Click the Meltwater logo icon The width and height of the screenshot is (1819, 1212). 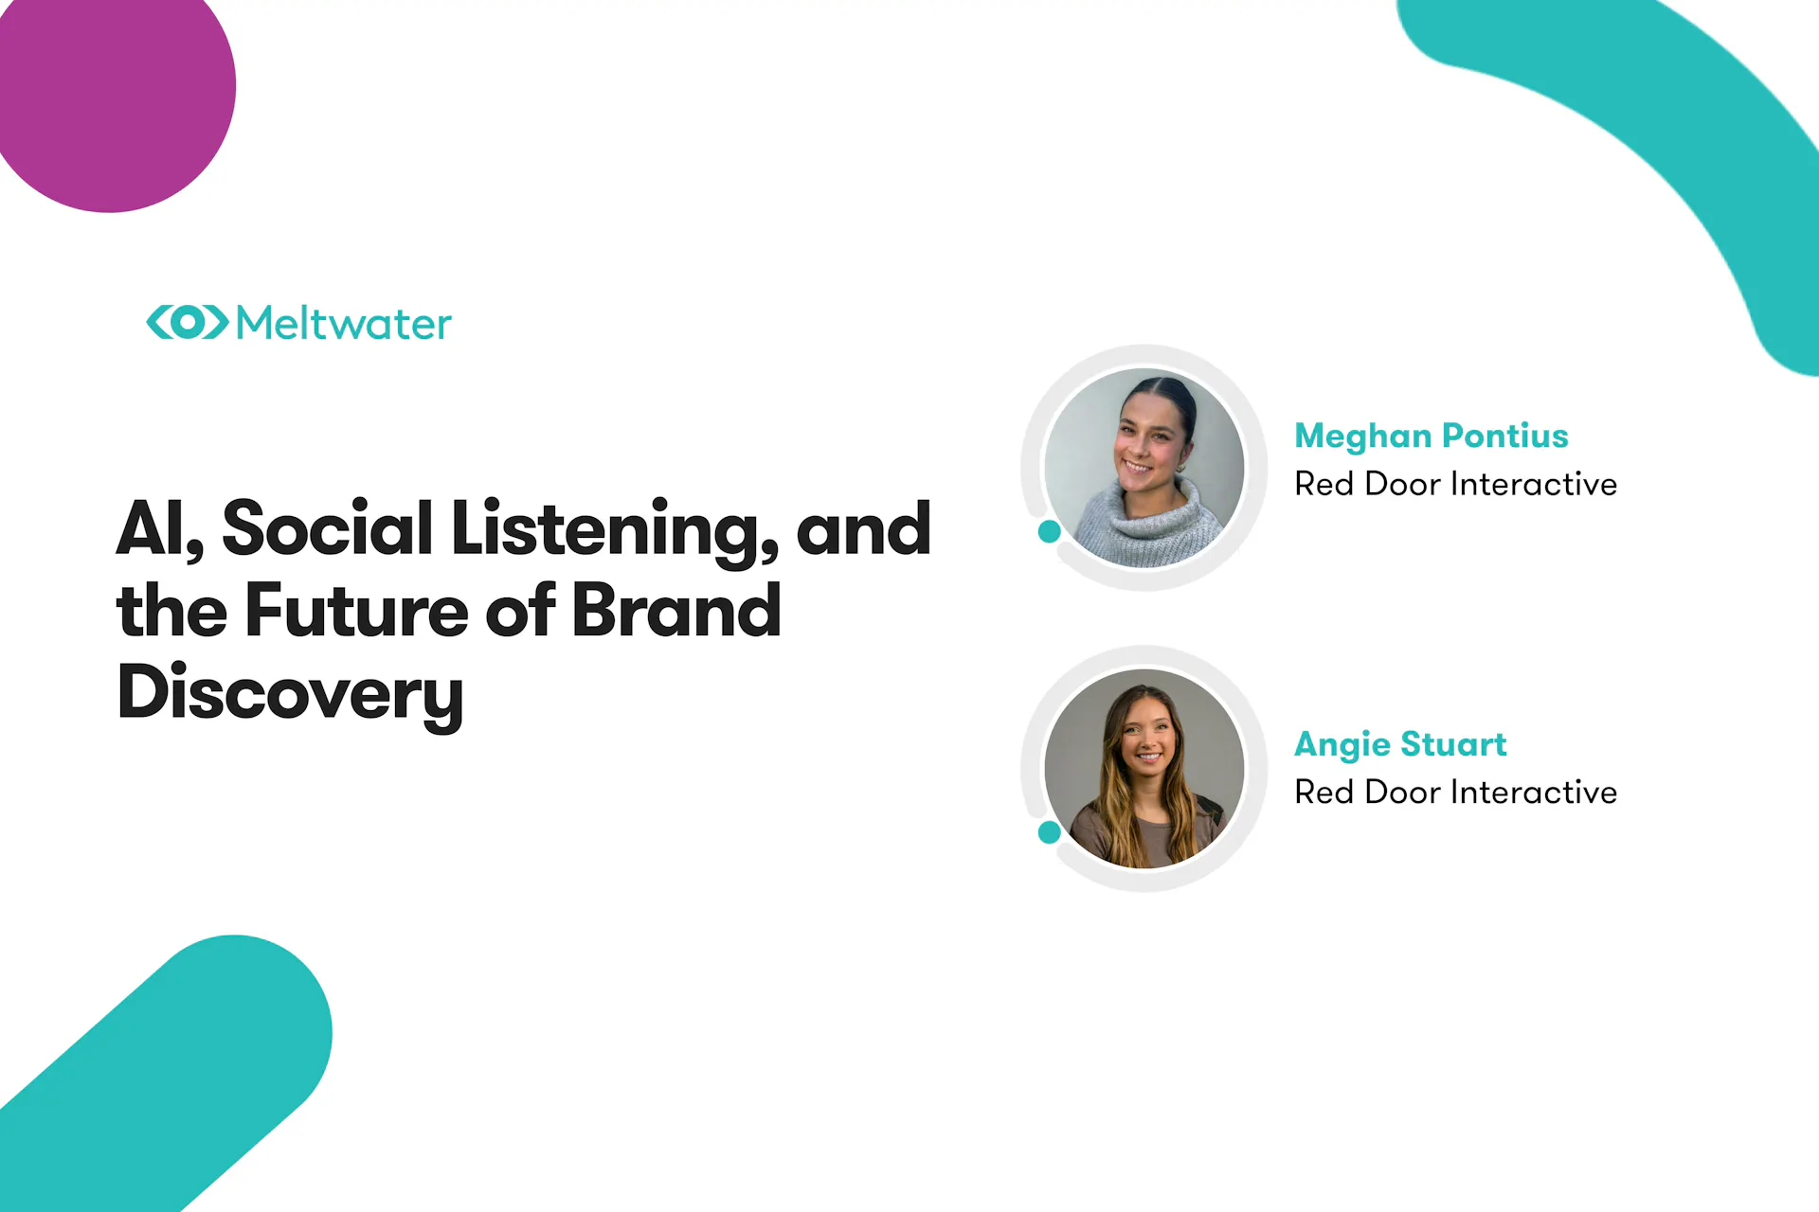[x=188, y=322]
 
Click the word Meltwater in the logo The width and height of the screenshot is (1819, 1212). [x=344, y=323]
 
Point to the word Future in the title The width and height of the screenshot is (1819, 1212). [x=357, y=610]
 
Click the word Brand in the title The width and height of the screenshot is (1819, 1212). [x=676, y=610]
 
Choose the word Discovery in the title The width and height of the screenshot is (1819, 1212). [x=290, y=695]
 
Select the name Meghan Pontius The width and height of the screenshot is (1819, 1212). [x=1432, y=436]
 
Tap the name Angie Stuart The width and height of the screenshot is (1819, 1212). [x=1400, y=745]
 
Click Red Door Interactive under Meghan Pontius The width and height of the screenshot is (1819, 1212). [x=1455, y=484]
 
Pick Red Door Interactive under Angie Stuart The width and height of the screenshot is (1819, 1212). [x=1455, y=792]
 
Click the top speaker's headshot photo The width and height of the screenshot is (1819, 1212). [x=1144, y=468]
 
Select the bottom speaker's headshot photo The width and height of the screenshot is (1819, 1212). [x=1144, y=769]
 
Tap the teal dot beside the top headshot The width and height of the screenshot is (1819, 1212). [x=1049, y=531]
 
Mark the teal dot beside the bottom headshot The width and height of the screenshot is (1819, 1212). [x=1049, y=832]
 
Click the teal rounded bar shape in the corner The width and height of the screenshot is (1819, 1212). [x=171, y=1070]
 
